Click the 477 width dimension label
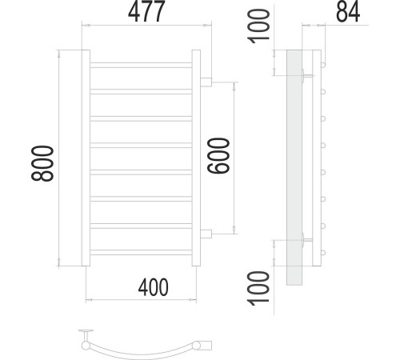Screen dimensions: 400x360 pos(146,11)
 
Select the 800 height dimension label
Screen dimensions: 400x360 pos(42,163)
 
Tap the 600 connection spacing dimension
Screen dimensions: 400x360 pos(218,156)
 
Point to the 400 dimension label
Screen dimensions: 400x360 pos(153,287)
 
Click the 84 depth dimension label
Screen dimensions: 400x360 pos(348,12)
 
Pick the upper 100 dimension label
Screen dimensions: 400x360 pos(258,26)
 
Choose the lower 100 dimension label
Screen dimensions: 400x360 pos(258,288)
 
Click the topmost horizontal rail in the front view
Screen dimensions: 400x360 pos(141,65)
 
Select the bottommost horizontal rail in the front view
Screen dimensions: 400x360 pos(141,252)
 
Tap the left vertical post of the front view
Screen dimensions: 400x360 pos(86,158)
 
